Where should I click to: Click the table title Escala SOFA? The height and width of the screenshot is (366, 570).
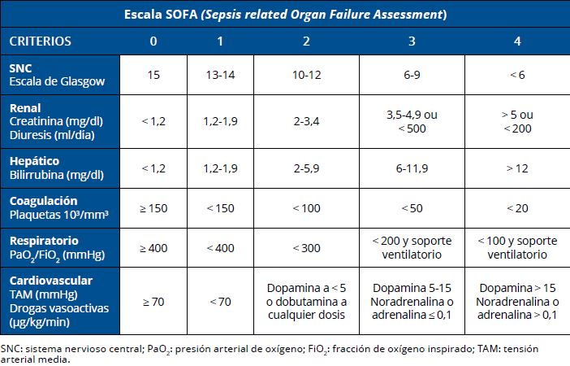point(286,15)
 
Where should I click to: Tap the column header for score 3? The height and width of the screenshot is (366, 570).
point(413,41)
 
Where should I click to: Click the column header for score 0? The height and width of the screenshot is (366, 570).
point(153,41)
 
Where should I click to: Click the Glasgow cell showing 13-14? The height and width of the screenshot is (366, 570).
point(220,75)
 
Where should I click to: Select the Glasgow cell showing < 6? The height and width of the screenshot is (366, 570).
point(517,75)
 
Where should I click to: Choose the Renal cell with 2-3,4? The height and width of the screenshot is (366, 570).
point(307,121)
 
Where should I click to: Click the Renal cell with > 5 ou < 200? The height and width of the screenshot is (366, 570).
point(517,121)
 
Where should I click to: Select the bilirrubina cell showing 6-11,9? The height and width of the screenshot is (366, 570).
point(413,168)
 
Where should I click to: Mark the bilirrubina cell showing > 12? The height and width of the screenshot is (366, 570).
point(517,168)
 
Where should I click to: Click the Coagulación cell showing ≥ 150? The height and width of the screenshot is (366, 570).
point(153,208)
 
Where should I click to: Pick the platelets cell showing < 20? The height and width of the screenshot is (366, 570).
point(517,208)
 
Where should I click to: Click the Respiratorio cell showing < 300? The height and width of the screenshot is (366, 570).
point(307,247)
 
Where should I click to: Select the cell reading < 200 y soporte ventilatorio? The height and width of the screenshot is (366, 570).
point(413,247)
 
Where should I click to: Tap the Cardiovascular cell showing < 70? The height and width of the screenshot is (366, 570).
point(220,302)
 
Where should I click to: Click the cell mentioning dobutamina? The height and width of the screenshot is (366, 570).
point(307,302)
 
